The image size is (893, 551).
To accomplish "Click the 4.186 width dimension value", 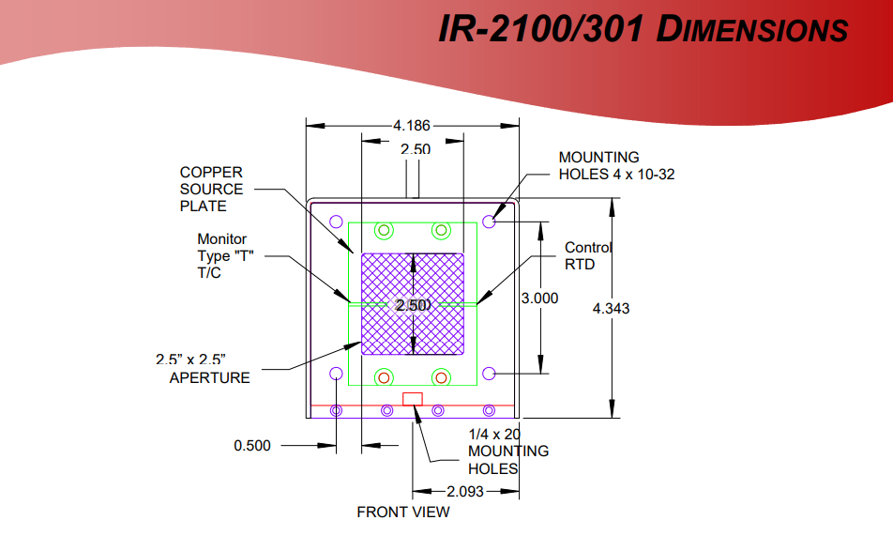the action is tap(411, 126).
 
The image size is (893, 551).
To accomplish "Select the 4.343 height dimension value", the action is tap(611, 309).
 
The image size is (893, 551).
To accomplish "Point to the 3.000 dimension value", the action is tap(539, 298).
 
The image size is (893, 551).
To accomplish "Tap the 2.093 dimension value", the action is tap(464, 491).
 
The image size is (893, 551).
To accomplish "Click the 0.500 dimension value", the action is tap(252, 446).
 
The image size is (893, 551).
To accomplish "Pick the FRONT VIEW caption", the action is tap(403, 513).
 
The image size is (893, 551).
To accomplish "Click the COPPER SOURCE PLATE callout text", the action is tap(211, 190).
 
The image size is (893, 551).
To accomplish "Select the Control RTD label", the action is tap(588, 256).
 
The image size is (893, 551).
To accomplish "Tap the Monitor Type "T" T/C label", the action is tap(225, 256).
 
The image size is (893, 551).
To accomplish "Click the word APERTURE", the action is tap(209, 377).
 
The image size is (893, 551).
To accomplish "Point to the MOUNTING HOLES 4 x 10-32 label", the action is tap(616, 166).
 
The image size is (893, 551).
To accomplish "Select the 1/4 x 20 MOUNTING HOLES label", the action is tap(508, 452).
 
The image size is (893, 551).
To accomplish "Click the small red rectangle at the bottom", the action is tap(413, 399).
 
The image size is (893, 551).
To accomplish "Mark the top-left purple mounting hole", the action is tap(337, 222).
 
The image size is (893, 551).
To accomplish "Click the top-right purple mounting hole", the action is tap(489, 222).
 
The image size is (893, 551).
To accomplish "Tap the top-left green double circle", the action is tap(385, 230).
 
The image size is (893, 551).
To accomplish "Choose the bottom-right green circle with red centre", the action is tap(442, 377).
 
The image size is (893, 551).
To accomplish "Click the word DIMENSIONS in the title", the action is tap(752, 29).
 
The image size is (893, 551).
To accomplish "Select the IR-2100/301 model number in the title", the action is tap(541, 28).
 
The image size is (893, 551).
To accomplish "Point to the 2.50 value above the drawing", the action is tap(416, 149).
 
